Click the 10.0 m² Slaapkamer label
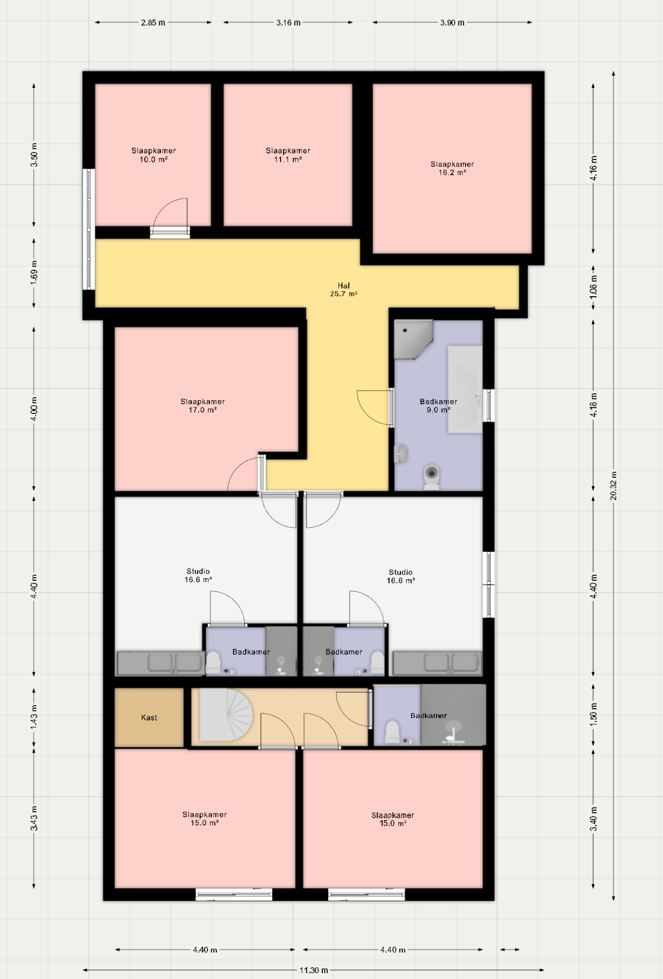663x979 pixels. [x=154, y=155]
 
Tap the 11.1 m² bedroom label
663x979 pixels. [x=288, y=155]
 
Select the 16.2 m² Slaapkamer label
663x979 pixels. [x=452, y=168]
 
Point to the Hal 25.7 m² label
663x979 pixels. [x=344, y=290]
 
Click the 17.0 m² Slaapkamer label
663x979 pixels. [x=202, y=406]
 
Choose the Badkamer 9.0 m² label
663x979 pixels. [x=439, y=406]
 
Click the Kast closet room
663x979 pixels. [x=149, y=717]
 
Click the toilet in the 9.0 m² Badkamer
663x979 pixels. [x=432, y=477]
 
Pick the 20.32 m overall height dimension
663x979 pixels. [x=614, y=486]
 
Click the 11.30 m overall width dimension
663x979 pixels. [x=314, y=970]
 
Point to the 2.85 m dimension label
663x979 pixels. [x=153, y=22]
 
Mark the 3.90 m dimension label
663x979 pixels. [x=452, y=22]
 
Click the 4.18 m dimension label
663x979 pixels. [x=594, y=405]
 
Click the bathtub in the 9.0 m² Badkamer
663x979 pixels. [x=465, y=390]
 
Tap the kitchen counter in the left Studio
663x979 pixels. [x=160, y=663]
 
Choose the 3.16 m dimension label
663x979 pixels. [x=289, y=22]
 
